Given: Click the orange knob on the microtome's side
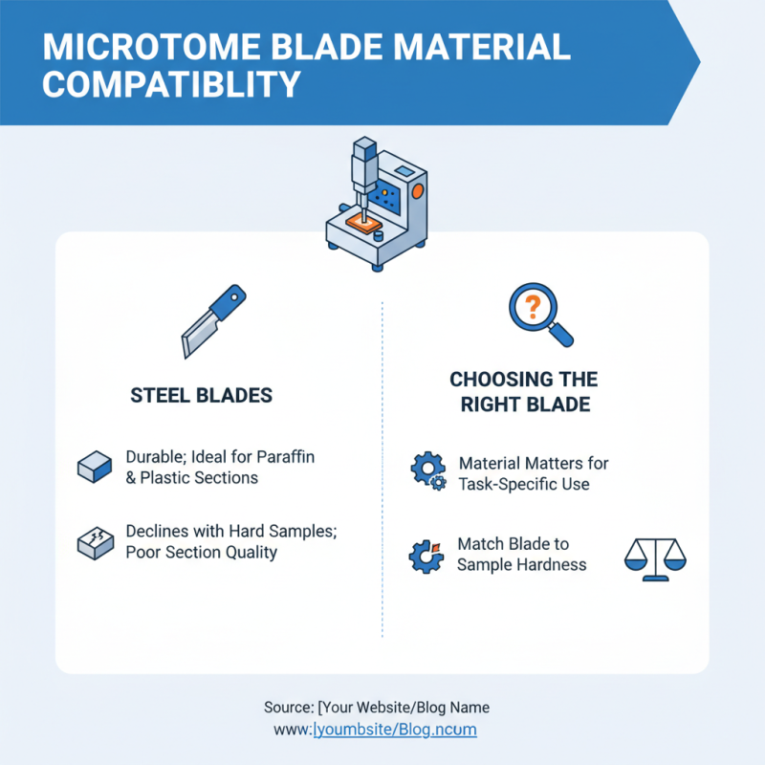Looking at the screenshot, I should (418, 192).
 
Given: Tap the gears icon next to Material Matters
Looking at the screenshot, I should (427, 471).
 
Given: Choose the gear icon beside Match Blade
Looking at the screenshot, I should (426, 555).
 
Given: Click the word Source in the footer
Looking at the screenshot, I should (287, 709).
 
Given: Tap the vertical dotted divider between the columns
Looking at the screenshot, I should (382, 478).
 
